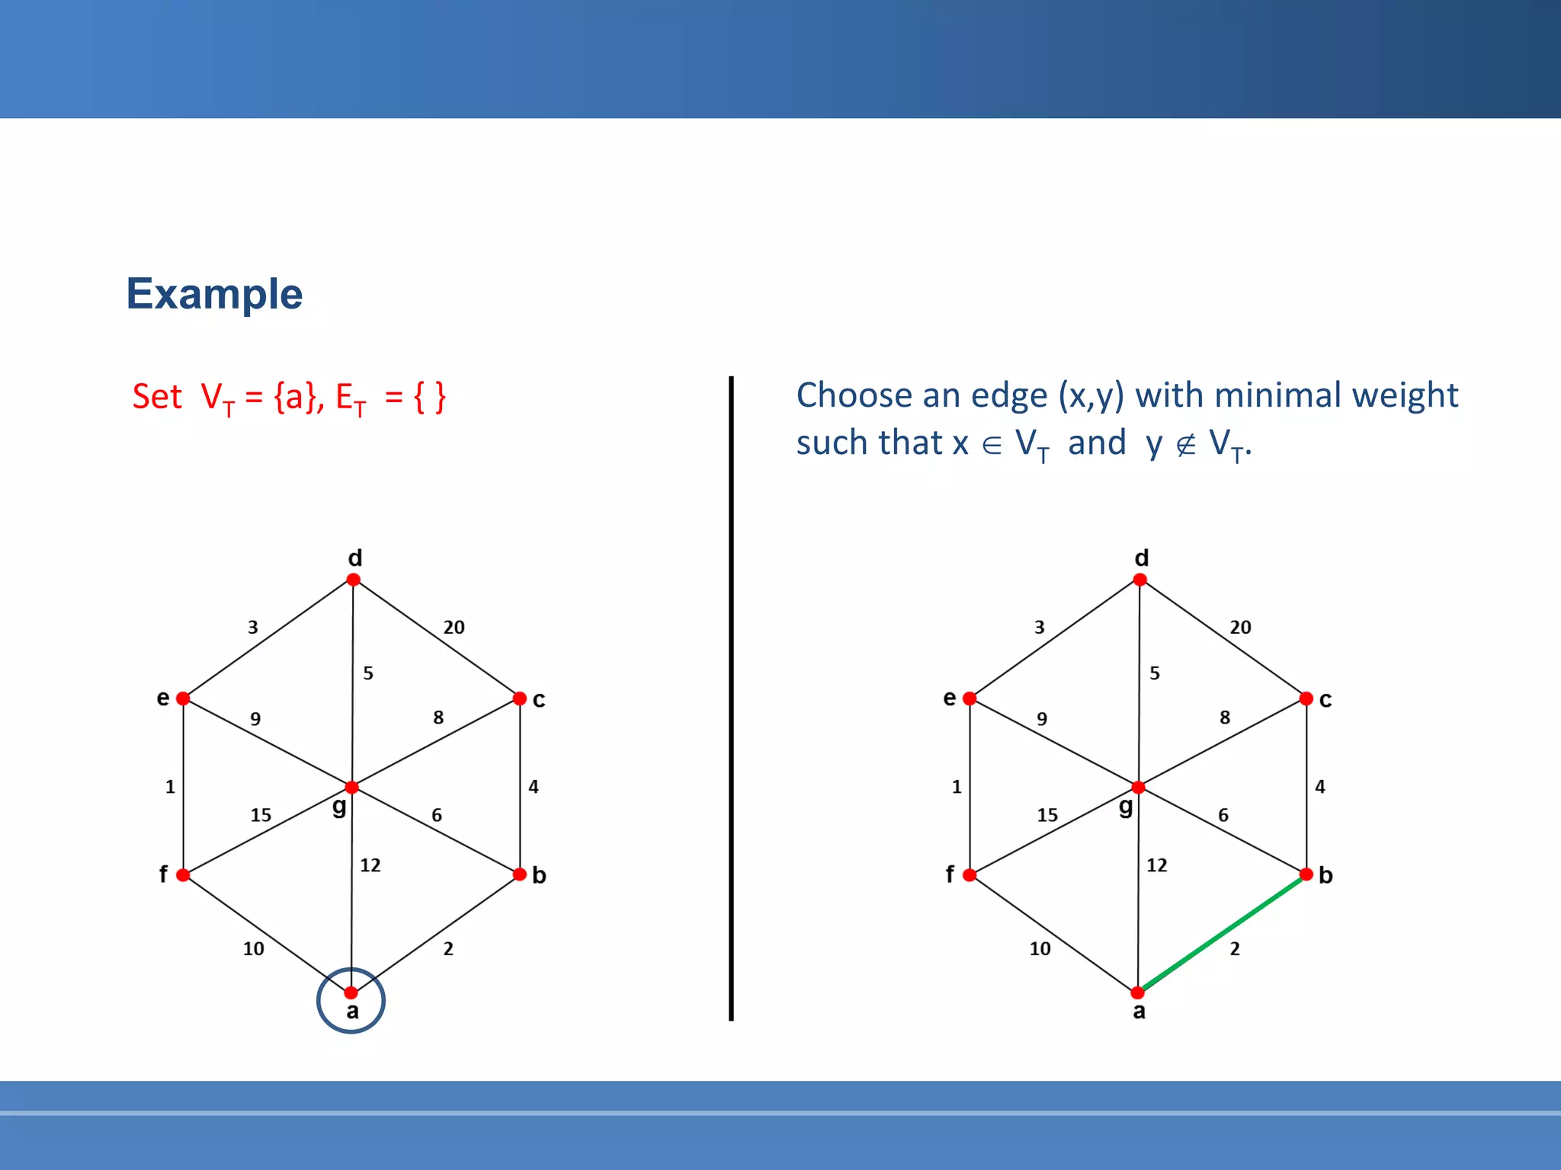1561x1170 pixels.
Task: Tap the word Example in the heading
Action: click(214, 294)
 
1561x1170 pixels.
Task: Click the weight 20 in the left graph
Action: click(454, 628)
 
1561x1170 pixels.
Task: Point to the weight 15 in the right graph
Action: click(1047, 815)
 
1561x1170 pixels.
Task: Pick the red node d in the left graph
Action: click(353, 580)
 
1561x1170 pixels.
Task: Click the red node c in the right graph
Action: click(1306, 698)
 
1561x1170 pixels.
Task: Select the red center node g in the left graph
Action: click(351, 787)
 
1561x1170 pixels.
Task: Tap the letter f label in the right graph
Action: click(950, 874)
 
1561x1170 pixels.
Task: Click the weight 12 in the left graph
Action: click(370, 865)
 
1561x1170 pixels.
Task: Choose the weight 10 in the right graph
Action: click(1040, 949)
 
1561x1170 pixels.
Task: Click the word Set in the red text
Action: click(157, 397)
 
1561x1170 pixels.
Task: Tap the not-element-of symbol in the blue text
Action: click(1185, 444)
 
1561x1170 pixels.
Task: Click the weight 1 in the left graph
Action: click(170, 787)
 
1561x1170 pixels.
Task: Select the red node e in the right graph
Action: click(970, 698)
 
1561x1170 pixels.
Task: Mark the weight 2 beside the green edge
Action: click(1235, 949)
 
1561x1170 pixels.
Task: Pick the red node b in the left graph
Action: click(520, 874)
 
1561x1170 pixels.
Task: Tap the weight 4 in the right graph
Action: click(1320, 787)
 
